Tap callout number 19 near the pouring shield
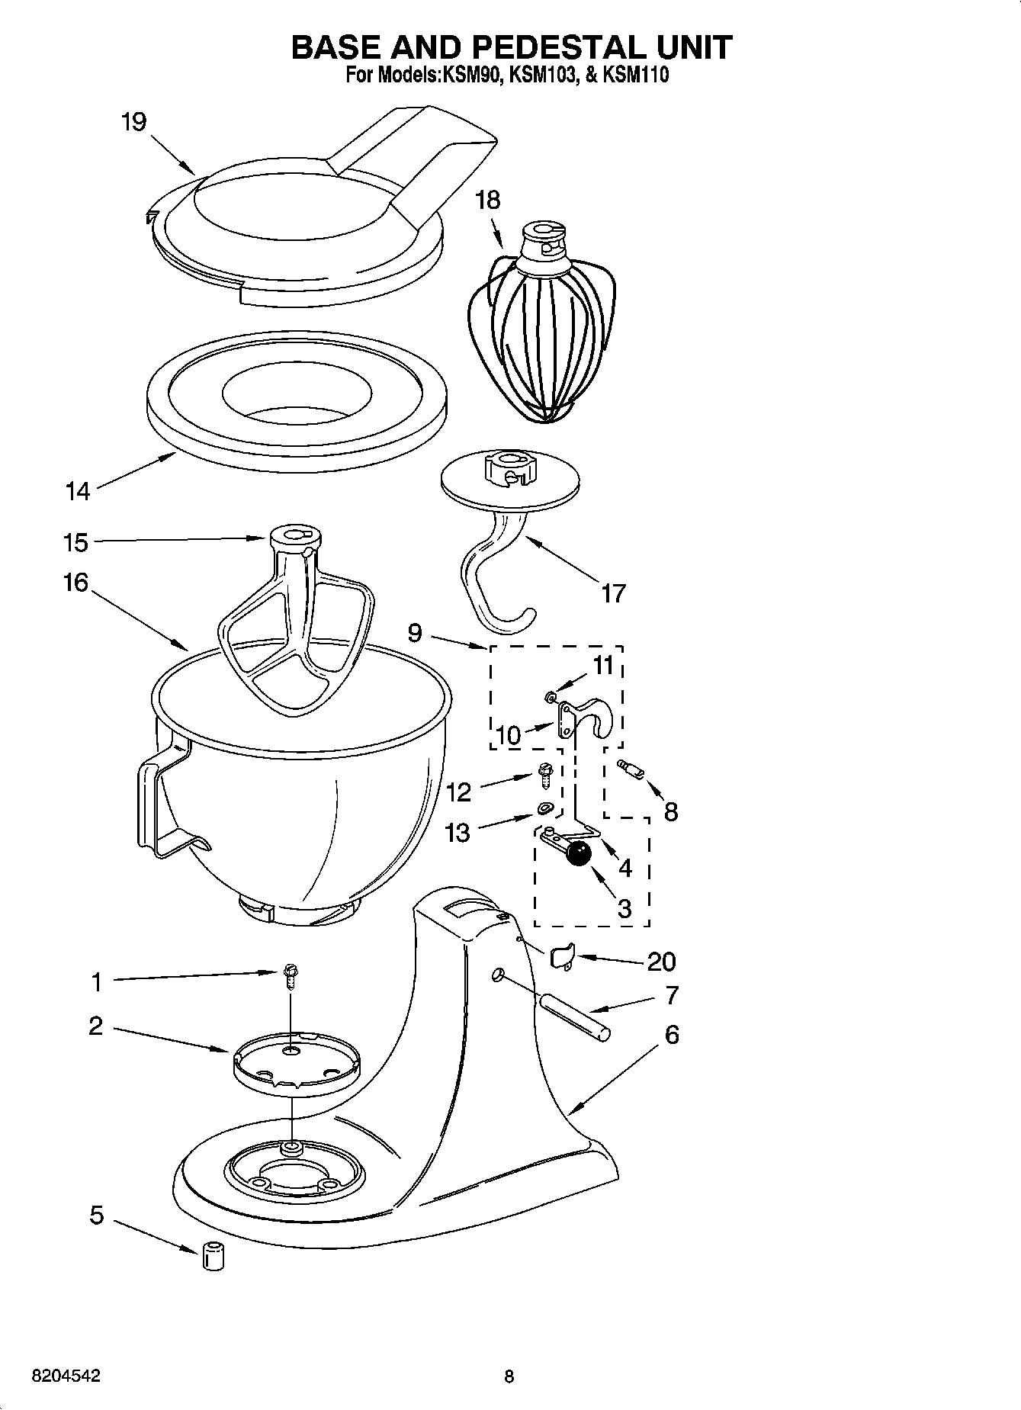[x=133, y=122]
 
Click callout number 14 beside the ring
[x=77, y=492]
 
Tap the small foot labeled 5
[x=213, y=1255]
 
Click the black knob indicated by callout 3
[x=580, y=854]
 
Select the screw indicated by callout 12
[x=545, y=775]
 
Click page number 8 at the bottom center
[x=509, y=1376]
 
